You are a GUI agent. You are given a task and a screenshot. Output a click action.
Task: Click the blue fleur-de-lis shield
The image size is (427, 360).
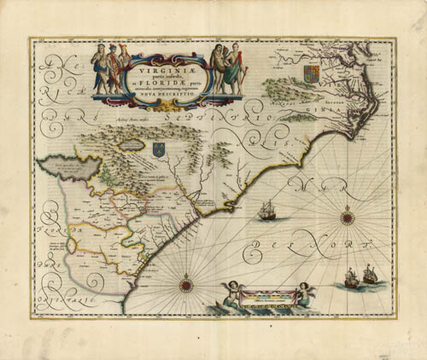coord(158,149)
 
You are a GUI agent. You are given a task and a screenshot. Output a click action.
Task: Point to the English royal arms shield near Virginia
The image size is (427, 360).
coord(310,69)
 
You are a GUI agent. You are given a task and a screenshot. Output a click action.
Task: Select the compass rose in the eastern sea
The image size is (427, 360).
coord(347,218)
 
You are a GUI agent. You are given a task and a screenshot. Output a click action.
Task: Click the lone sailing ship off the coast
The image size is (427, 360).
coord(267,209)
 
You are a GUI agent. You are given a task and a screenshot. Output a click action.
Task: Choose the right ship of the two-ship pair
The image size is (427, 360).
coord(369,273)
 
